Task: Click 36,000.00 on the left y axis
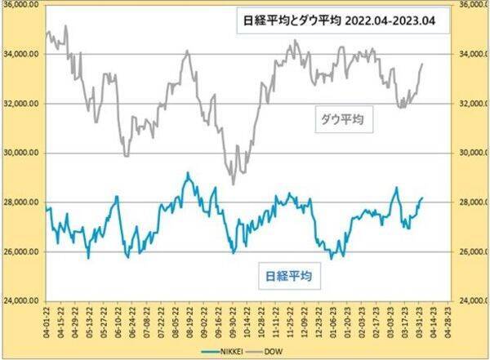21,6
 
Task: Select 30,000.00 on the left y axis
21,153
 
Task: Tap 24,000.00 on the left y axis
21,301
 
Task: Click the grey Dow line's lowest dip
233,184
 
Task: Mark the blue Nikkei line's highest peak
187,173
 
